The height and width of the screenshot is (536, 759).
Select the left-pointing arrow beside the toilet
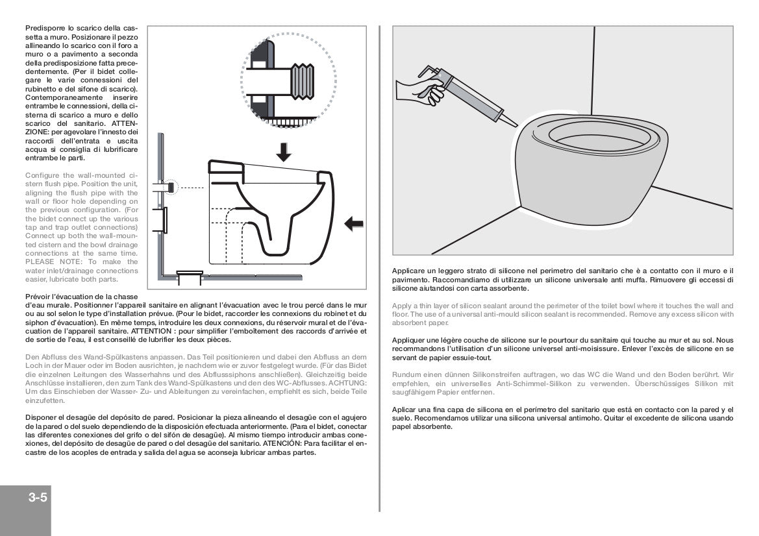coord(353,224)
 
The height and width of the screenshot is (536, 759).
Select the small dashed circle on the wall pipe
coord(170,187)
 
